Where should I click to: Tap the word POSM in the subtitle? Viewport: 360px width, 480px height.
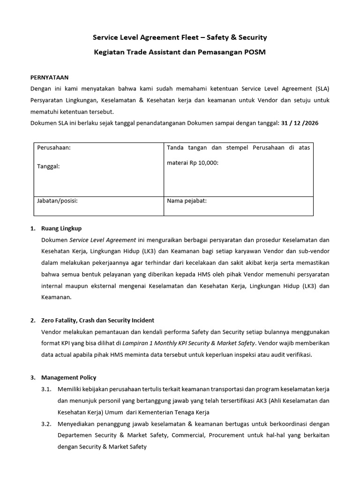(x=255, y=52)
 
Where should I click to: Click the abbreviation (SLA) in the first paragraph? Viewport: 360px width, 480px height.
(x=321, y=89)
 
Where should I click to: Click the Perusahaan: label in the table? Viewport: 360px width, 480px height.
(x=54, y=148)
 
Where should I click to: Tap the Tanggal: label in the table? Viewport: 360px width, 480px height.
(x=48, y=166)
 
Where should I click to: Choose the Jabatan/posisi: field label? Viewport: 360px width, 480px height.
(x=57, y=201)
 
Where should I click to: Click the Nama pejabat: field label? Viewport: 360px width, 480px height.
(x=187, y=201)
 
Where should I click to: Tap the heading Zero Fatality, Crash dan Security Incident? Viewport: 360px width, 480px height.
(x=97, y=320)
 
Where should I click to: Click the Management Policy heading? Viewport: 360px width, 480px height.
(x=68, y=377)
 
